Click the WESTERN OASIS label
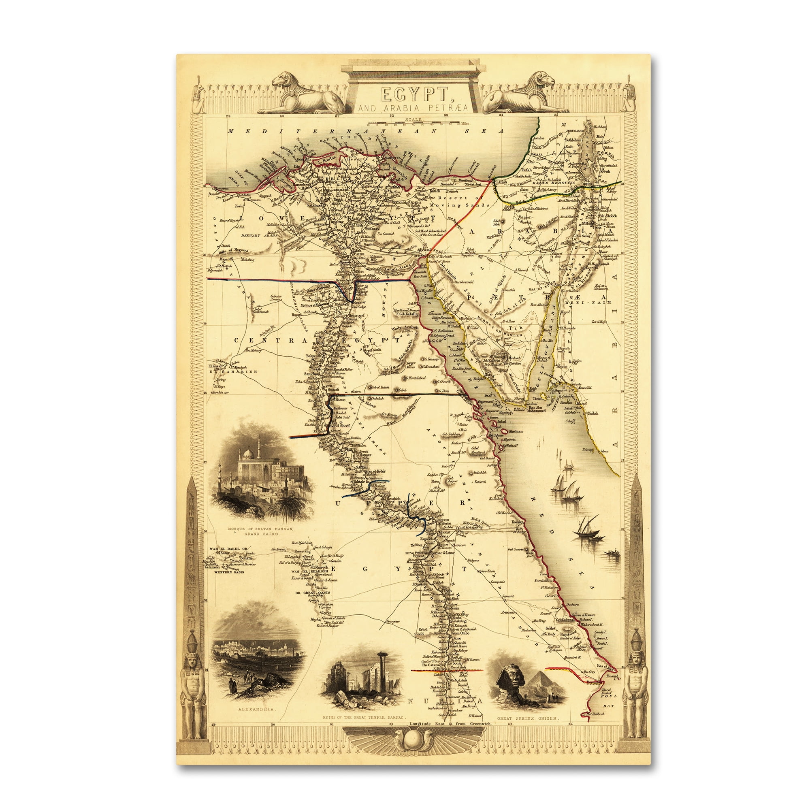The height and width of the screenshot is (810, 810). click(230, 572)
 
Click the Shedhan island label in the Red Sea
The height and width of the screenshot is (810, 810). click(515, 431)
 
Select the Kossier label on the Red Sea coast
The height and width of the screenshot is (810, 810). click(517, 522)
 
